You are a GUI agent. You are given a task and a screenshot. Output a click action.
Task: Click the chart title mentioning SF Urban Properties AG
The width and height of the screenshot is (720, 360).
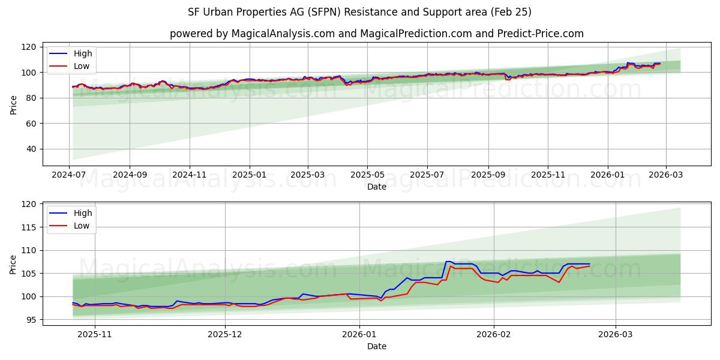360,12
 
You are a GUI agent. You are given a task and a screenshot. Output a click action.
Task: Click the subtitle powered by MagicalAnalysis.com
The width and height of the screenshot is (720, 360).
376,34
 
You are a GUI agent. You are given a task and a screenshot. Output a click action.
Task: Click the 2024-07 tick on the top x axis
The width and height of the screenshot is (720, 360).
70,175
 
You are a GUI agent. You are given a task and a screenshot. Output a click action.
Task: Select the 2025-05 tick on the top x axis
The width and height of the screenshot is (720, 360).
367,175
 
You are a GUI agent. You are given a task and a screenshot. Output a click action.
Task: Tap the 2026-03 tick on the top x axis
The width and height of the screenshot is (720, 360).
665,175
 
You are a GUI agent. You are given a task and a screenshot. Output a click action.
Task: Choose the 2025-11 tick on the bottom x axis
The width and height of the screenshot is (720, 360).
95,334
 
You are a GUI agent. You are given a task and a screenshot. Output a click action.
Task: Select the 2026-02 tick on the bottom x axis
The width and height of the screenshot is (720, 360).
494,334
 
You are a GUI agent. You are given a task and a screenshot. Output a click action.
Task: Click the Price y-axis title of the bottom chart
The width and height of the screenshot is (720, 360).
13,264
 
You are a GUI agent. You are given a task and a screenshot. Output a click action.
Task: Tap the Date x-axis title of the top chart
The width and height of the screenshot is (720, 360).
376,187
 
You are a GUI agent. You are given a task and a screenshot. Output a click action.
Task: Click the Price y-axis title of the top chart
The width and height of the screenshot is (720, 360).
13,104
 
